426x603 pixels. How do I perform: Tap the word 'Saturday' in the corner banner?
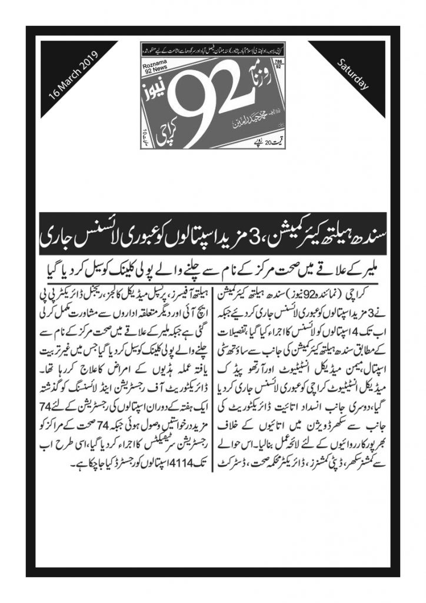[x=352, y=75]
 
